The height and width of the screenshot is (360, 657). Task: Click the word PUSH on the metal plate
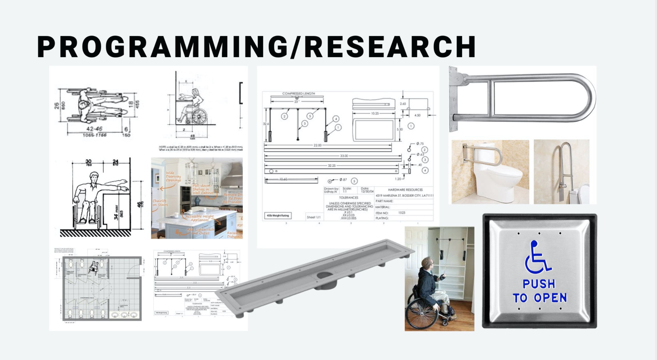(x=539, y=284)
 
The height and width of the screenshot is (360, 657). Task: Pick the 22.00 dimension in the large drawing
(x=317, y=145)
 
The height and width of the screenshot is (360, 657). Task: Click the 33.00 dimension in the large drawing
(x=344, y=156)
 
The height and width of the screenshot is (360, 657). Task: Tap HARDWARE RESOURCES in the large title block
(x=405, y=190)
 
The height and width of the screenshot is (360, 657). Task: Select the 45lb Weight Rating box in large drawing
(x=278, y=216)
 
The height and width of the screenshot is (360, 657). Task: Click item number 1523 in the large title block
(x=401, y=213)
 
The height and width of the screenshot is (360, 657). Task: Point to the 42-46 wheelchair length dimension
(x=94, y=129)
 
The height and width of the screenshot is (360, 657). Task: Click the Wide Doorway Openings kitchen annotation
(x=173, y=177)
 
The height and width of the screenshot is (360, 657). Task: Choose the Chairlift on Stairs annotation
(x=160, y=203)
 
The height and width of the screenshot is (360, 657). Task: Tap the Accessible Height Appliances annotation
(x=200, y=218)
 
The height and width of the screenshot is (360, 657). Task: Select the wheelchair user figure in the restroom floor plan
(x=93, y=267)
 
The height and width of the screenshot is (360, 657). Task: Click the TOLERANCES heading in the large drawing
(x=348, y=197)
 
